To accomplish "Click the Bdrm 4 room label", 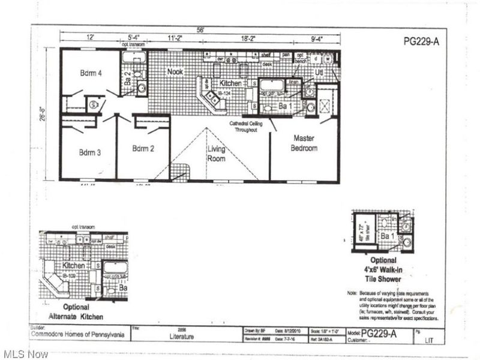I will coord(91,73).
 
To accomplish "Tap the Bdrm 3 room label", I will coord(90,152).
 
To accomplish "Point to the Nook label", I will coord(175,71).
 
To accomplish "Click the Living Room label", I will coord(217,154).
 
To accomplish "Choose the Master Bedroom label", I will coord(304,143).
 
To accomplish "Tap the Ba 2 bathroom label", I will coord(127,77).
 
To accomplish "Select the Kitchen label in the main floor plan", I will coord(230,83).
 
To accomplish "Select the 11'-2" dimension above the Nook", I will coord(175,38).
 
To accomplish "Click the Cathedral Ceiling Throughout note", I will coord(244,126).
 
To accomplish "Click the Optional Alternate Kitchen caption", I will coord(76,311).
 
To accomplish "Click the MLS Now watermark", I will coord(25,354).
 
